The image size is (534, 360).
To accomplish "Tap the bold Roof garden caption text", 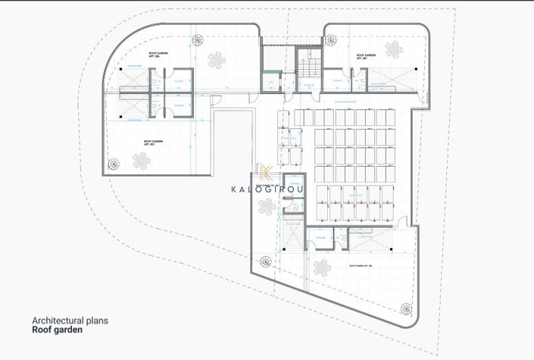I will pos(58,330).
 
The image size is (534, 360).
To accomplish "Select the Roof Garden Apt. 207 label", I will pos(154,142).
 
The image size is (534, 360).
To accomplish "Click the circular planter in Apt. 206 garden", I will pos(198,40).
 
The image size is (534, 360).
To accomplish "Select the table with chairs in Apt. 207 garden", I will pos(142,160).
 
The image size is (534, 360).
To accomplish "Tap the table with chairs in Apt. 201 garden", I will pos(393,51).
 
